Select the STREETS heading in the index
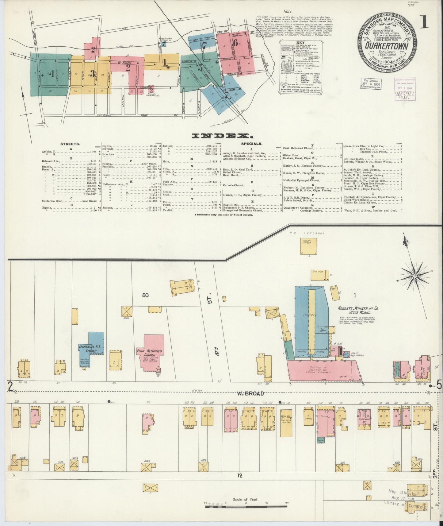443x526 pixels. click(x=71, y=144)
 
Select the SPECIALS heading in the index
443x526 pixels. click(x=251, y=144)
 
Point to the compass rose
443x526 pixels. click(x=414, y=276)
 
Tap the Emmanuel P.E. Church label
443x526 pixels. click(x=88, y=348)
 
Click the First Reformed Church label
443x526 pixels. click(x=149, y=353)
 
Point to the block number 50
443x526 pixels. click(x=145, y=295)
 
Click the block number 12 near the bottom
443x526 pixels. click(x=239, y=484)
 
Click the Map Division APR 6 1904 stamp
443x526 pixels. click(x=370, y=83)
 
